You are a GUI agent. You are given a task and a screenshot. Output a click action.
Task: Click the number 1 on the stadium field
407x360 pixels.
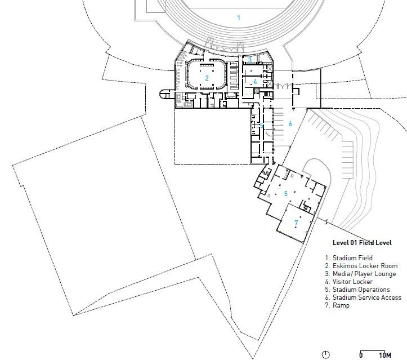[x=239, y=18]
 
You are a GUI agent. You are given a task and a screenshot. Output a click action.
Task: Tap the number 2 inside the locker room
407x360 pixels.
[x=207, y=78]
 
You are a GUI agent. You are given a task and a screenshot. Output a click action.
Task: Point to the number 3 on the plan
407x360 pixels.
[x=250, y=60]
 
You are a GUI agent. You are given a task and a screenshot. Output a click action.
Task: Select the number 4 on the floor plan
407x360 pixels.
[x=255, y=82]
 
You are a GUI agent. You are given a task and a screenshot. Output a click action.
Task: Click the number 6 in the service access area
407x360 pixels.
[x=290, y=123]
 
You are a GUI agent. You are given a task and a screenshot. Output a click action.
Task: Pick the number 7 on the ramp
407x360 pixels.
[x=296, y=223]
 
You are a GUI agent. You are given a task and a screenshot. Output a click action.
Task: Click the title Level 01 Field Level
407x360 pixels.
[x=362, y=243]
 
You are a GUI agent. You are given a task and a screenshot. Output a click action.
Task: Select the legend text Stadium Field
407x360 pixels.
[x=352, y=258]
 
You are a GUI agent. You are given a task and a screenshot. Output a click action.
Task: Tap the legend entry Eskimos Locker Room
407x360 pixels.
[x=365, y=266]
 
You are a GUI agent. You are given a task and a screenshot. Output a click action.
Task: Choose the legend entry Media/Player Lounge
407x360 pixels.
[x=364, y=274]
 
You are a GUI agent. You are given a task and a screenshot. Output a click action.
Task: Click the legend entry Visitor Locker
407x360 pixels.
[x=352, y=282]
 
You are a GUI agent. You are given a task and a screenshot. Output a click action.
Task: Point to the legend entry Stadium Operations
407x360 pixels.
[x=361, y=290]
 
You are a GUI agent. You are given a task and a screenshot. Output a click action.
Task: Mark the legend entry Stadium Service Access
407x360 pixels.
[x=367, y=297]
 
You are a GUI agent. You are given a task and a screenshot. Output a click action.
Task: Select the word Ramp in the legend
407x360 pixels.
[x=341, y=305]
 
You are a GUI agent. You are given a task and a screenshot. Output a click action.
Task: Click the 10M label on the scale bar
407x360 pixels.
[x=385, y=355]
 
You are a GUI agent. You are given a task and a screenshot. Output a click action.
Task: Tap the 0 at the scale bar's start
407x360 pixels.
[x=361, y=355]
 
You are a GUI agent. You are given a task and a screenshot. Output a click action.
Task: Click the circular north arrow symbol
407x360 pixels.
[x=325, y=354]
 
